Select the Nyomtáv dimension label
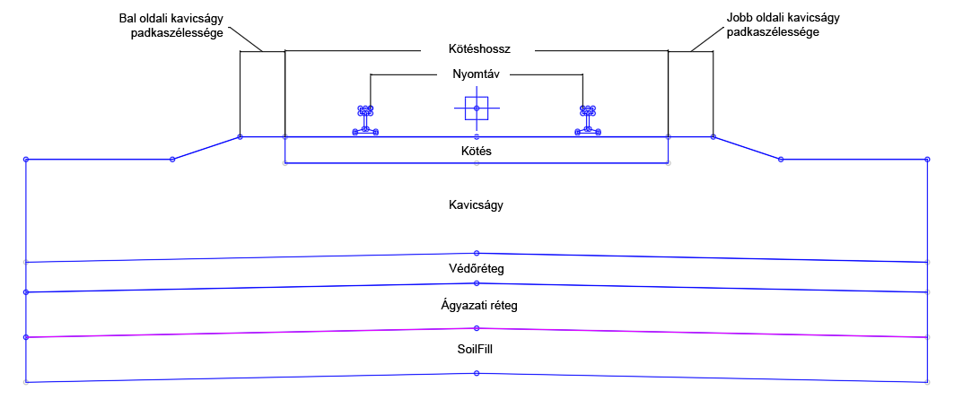pos(476,74)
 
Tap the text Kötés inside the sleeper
pos(477,152)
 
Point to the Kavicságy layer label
pos(476,205)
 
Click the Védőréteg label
pos(477,268)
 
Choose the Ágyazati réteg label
pos(477,306)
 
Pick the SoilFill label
pos(477,350)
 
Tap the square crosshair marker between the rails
pos(477,109)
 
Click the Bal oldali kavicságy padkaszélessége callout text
pos(177,25)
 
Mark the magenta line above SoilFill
pos(251,333)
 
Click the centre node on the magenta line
pos(477,328)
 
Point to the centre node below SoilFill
pos(477,373)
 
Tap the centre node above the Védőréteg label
pos(477,253)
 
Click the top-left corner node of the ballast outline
pos(26,159)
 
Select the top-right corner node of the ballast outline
pos(927,159)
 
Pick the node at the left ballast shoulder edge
pos(240,137)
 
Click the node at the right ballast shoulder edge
pos(713,137)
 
